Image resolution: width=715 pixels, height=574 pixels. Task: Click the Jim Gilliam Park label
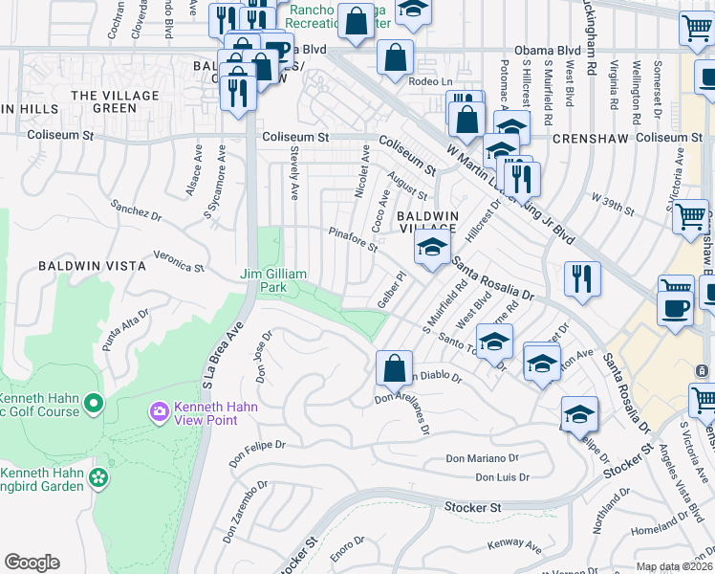pos(273,280)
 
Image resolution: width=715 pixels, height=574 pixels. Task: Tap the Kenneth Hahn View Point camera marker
pos(159,411)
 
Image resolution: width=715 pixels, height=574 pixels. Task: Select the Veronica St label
pos(180,261)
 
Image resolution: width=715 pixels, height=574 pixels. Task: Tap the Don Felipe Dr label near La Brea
pos(257,446)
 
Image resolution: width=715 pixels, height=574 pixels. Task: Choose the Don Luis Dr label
pos(502,477)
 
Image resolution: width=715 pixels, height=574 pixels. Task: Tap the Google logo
pos(32,563)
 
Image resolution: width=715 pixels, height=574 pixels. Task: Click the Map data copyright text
pos(675,566)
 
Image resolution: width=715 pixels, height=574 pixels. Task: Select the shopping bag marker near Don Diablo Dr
pos(394,367)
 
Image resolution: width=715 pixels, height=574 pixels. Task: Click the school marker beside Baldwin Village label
pos(432,249)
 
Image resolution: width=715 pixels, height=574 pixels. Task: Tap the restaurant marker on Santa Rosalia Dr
pos(581,278)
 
